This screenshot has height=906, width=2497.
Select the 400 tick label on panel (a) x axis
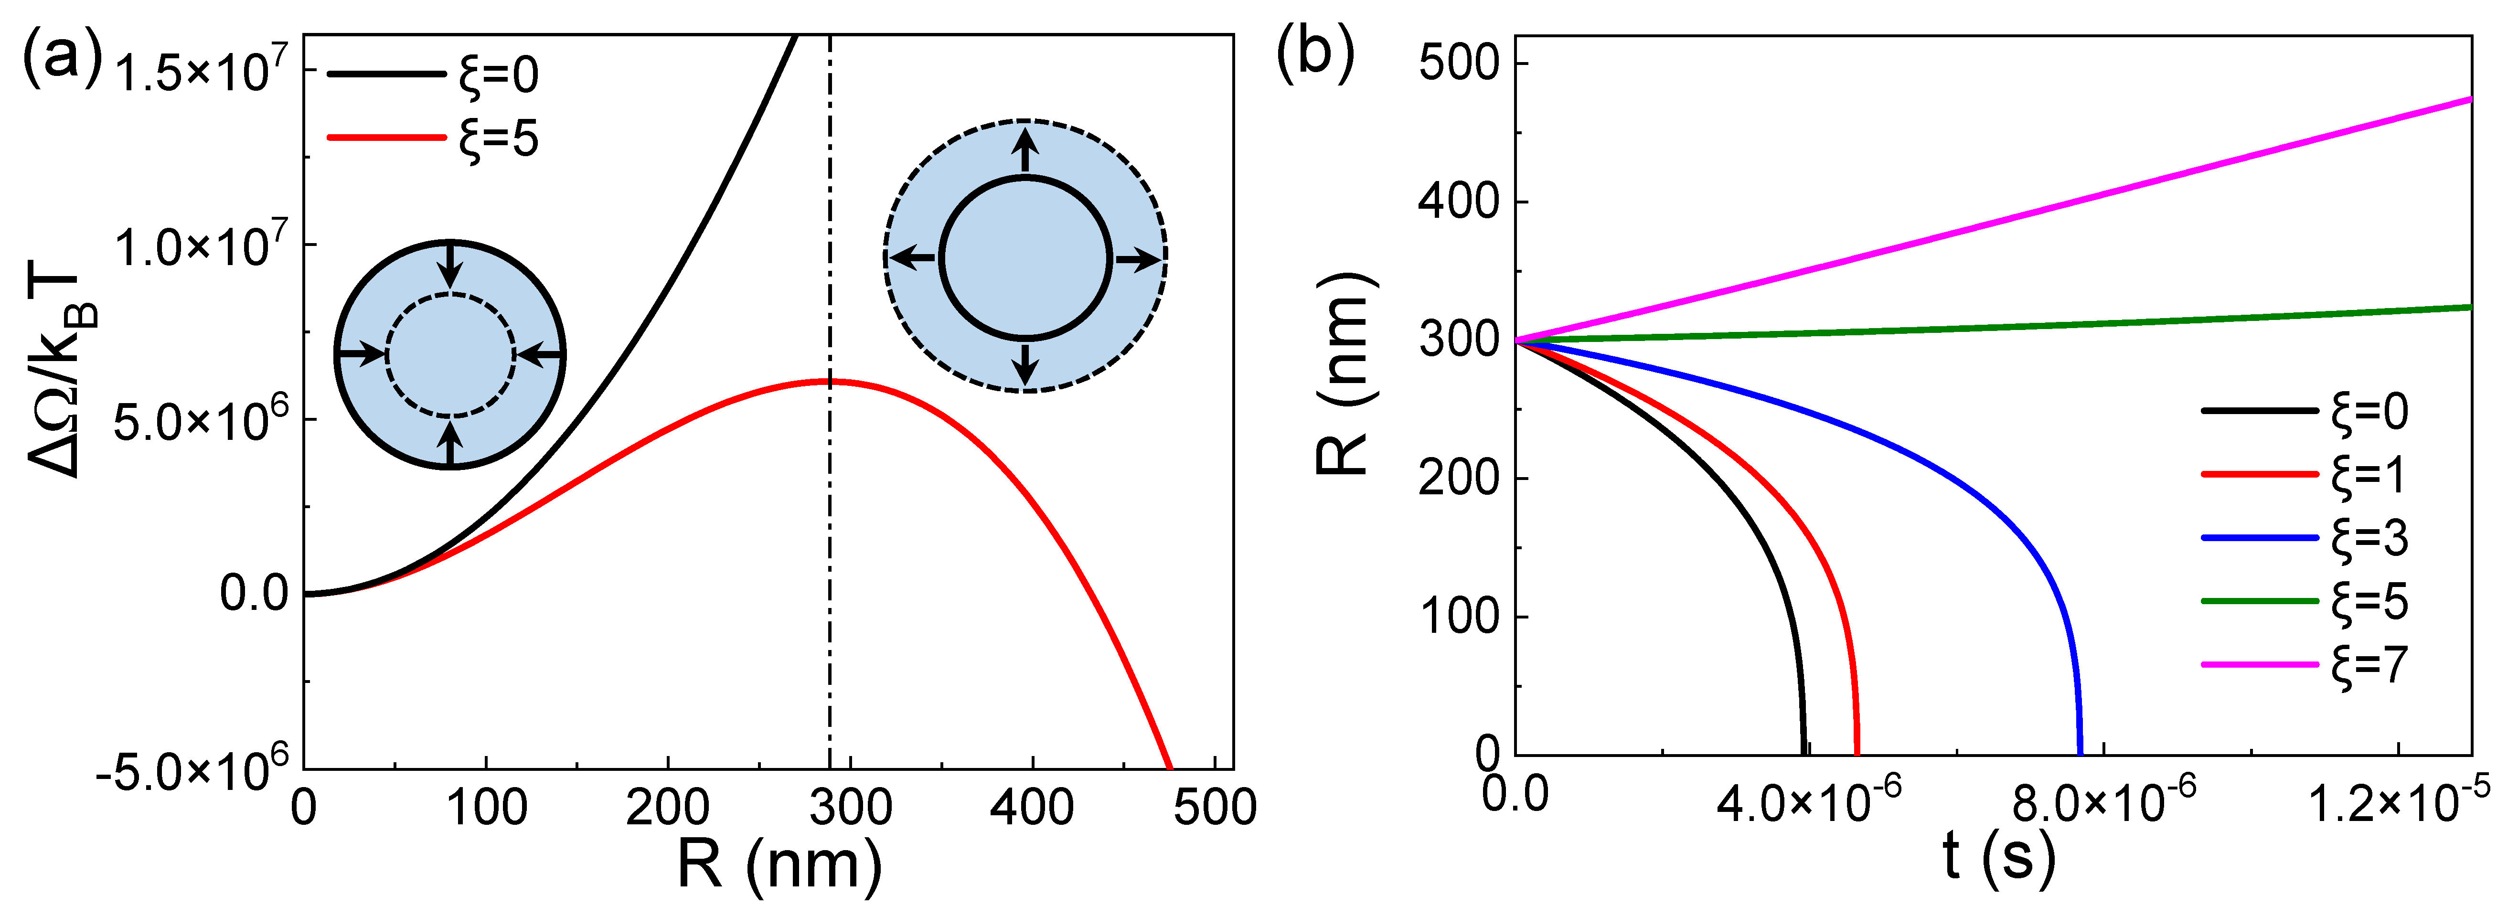pos(1031,807)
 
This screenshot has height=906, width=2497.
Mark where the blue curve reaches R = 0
pos(2080,753)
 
